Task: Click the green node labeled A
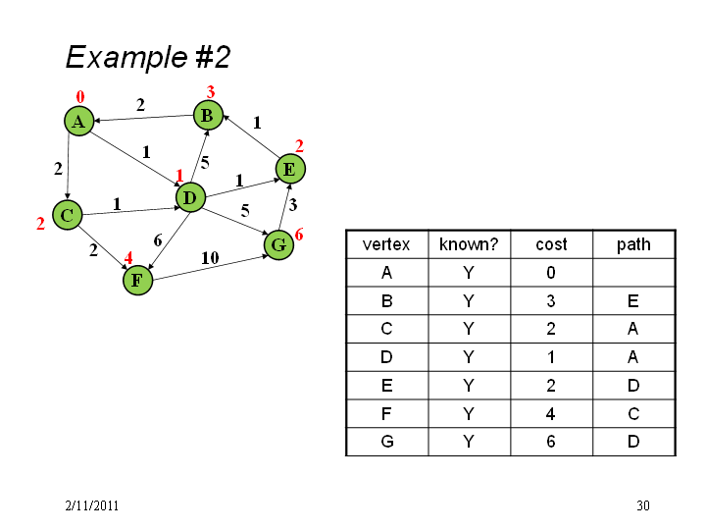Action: (x=79, y=122)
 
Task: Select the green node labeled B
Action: (x=208, y=116)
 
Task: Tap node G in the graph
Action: (x=278, y=245)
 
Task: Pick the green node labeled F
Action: (x=138, y=281)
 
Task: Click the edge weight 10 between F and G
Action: (x=210, y=258)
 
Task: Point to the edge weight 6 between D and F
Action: (x=158, y=240)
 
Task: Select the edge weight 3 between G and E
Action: (x=292, y=205)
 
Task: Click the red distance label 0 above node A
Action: (x=80, y=96)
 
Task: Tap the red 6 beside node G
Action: (x=299, y=234)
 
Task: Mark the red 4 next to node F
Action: (x=128, y=258)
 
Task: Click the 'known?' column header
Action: (x=469, y=244)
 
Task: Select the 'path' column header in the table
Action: (x=633, y=244)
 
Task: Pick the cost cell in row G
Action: (x=551, y=442)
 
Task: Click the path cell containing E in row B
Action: (x=633, y=300)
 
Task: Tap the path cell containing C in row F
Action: (x=633, y=413)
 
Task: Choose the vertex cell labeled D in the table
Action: (x=386, y=357)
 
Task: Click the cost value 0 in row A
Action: (x=551, y=273)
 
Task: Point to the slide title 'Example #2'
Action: (x=148, y=57)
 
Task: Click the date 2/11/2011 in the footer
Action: (x=92, y=505)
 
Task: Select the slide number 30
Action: (x=643, y=505)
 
